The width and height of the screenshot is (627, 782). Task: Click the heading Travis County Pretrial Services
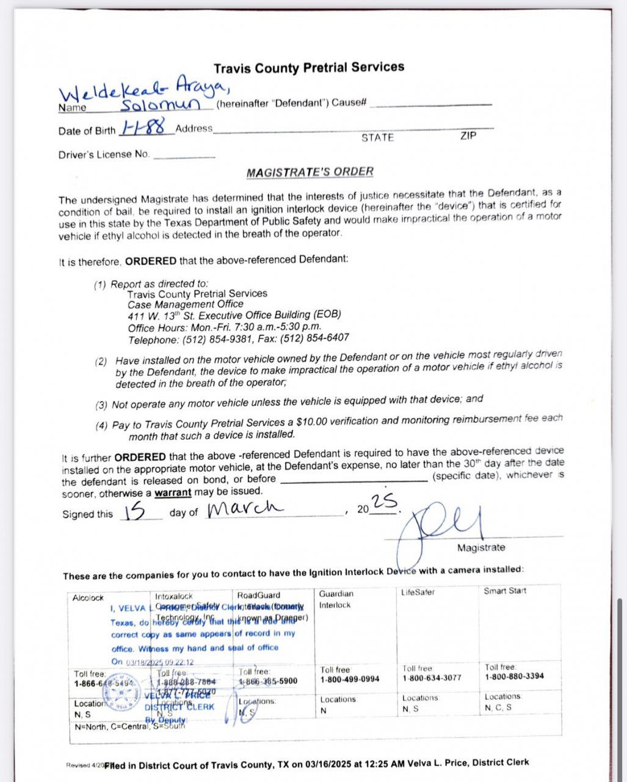[308, 68]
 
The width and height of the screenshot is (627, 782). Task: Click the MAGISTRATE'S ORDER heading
[310, 172]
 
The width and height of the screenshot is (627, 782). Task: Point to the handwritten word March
[244, 508]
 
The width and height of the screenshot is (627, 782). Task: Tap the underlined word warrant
[173, 492]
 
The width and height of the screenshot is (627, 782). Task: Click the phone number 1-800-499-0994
[350, 679]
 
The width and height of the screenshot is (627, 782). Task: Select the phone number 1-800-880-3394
[515, 677]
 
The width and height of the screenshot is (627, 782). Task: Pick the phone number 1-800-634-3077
[432, 678]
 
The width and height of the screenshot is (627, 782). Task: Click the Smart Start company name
[505, 591]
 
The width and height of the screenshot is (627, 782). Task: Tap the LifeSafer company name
[418, 592]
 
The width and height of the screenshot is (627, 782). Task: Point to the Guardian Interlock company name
[336, 599]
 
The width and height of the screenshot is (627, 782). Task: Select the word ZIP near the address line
[468, 136]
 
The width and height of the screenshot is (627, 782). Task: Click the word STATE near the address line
[377, 137]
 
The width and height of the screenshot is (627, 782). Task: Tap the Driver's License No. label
[104, 155]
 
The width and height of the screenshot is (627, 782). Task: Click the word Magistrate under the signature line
[481, 548]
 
